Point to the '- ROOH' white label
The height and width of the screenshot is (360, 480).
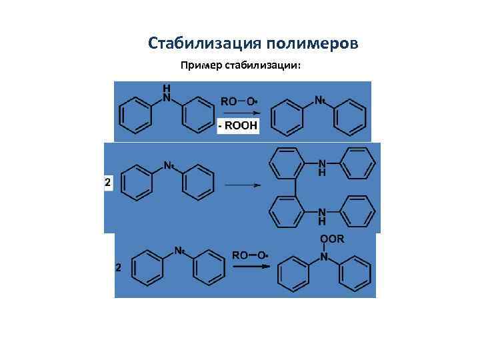point(239,125)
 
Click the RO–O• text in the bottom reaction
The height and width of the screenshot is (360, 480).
point(250,255)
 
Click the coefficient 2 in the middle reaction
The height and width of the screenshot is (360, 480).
point(107,181)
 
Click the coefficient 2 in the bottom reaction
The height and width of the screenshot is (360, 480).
point(118,268)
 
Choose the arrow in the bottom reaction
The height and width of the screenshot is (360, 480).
point(251,266)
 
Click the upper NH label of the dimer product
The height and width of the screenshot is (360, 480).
point(323,167)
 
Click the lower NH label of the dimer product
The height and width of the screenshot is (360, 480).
point(323,215)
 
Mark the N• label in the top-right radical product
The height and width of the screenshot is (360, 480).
point(319,101)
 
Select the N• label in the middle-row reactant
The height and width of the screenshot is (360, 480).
point(169,165)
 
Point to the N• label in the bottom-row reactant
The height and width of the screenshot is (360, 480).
point(179,251)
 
